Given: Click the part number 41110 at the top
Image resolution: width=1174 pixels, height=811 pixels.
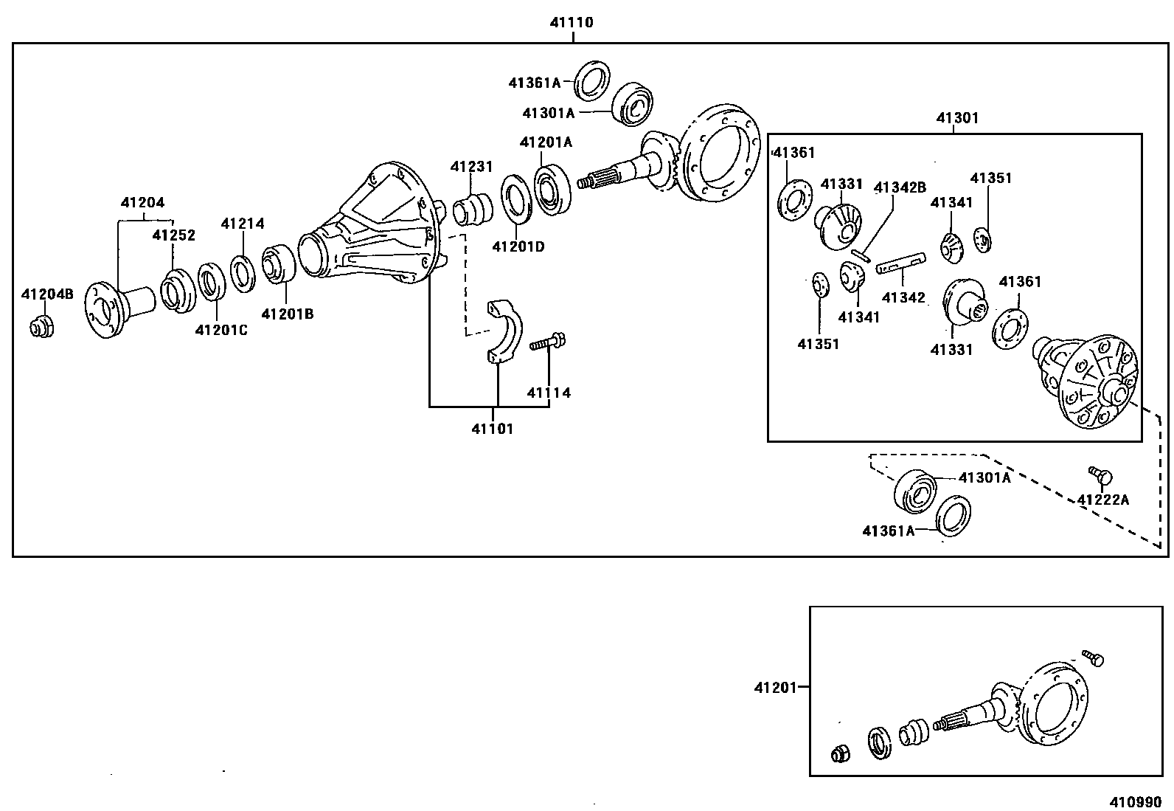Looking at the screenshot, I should [x=571, y=23].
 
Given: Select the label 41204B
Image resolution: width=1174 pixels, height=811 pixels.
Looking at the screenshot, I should [x=47, y=294].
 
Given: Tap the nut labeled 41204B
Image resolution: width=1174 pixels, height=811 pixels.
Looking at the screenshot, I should [x=42, y=325].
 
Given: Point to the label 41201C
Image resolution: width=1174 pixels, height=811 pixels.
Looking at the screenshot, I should [x=221, y=330].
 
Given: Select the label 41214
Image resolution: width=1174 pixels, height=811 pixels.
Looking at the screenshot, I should [x=243, y=224].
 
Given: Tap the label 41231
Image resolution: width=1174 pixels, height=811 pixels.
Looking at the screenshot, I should [x=471, y=168].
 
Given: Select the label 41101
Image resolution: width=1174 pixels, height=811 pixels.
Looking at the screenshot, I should [x=492, y=429].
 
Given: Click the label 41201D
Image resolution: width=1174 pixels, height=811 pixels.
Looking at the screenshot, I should [x=518, y=246].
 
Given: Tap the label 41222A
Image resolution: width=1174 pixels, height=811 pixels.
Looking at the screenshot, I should [x=1102, y=500].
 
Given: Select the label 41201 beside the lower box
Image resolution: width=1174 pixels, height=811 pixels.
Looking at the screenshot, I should [x=775, y=688].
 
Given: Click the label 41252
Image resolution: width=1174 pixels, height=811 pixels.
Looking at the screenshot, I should [x=174, y=235].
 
